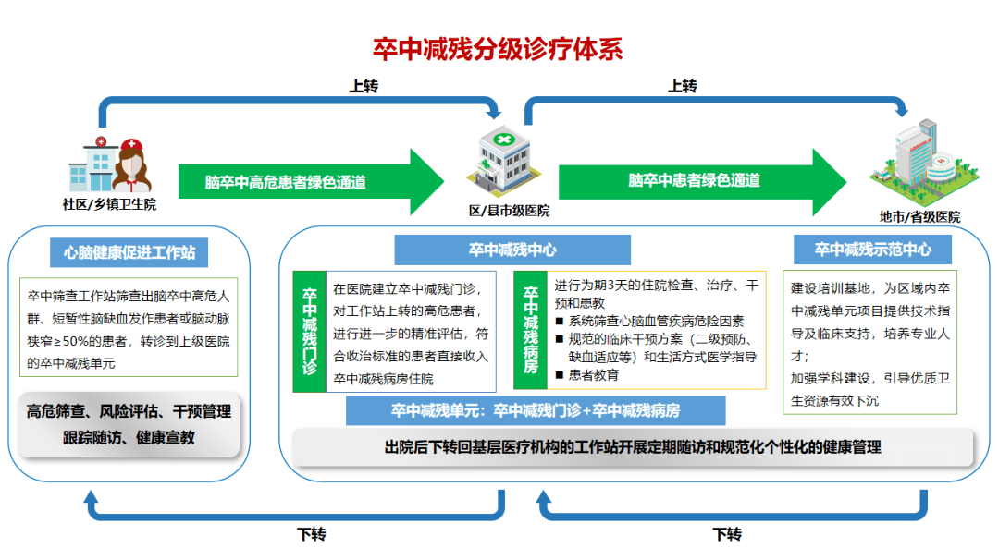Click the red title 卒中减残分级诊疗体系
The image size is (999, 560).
coord(498,49)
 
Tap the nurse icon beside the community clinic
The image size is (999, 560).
coord(132,165)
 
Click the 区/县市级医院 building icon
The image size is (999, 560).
coord(504,160)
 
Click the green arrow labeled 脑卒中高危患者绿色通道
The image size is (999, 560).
coord(311,182)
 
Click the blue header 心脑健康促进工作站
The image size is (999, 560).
coord(129,252)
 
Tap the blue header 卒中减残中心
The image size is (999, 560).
coord(512,250)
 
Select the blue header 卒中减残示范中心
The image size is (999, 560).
coord(872,250)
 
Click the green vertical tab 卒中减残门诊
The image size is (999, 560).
coord(310,332)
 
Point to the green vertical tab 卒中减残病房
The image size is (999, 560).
coord(531,330)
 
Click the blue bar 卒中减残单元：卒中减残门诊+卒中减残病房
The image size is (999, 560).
coord(536,410)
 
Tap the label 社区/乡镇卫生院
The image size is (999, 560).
coord(109,204)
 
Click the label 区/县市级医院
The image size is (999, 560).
coord(509,211)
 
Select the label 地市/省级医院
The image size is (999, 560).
coord(919,217)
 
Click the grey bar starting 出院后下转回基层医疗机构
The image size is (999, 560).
coord(633,447)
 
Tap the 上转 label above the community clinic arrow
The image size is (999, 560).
coord(364,86)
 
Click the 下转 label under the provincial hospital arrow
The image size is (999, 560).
coord(727,534)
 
